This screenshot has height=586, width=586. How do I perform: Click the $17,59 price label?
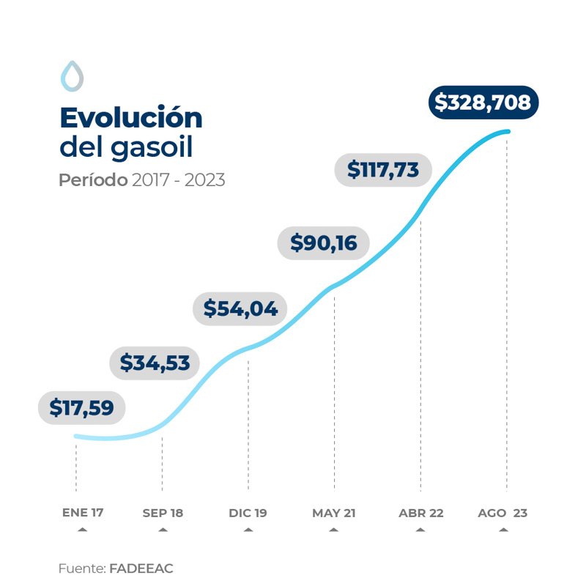[81, 408]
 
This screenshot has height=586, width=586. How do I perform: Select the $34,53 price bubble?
[155, 362]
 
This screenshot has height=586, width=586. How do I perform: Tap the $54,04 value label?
[240, 308]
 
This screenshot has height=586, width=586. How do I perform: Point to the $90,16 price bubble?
[323, 242]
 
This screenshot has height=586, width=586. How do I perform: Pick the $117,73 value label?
[383, 170]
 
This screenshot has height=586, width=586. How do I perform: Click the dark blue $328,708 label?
[482, 103]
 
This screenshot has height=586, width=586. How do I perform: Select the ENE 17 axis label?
[82, 513]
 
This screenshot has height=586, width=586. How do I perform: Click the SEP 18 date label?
[163, 513]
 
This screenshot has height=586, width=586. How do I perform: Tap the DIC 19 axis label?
[248, 513]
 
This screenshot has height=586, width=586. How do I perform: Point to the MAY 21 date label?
[334, 513]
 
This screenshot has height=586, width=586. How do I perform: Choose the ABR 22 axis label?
[420, 513]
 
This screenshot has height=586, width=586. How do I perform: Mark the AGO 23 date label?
[502, 513]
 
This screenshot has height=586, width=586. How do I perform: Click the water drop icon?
[72, 75]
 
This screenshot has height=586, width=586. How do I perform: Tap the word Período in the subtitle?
[93, 180]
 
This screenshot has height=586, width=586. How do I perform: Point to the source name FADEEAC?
[141, 568]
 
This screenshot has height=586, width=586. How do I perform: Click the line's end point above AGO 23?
[506, 132]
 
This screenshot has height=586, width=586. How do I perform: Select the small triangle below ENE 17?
[82, 528]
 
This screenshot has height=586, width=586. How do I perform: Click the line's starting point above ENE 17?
[76, 437]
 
